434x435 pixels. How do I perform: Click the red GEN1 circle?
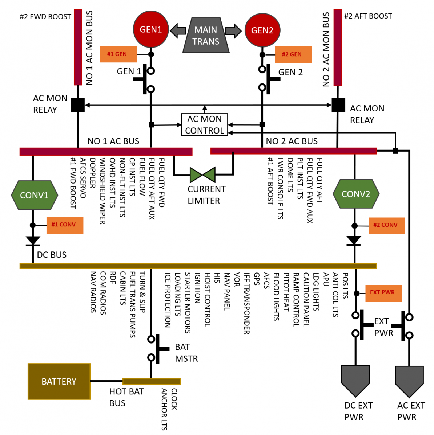pos(151,29)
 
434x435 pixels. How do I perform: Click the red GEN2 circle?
pos(262,30)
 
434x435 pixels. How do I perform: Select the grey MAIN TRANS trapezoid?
pos(206,35)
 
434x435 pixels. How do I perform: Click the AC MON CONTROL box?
pos(205,124)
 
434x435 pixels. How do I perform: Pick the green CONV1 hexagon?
pos(34,195)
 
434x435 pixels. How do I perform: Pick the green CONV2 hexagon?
pos(356,194)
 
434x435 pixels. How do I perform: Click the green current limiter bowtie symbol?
pos(203,175)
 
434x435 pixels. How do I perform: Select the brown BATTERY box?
pos(59,381)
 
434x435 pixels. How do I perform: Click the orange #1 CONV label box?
pos(65,225)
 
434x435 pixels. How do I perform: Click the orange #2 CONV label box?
pos(386,225)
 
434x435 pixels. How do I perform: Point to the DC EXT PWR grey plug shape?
pos(355,379)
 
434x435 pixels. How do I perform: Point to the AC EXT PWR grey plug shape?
pos(409,380)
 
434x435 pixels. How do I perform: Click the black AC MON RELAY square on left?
pos(78,105)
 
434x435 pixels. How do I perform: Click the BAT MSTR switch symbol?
pos(157,349)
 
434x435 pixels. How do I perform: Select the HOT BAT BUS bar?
pos(151,381)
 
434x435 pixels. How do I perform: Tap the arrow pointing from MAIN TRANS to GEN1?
pos(178,30)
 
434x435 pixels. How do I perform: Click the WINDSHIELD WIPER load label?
pos(103,191)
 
